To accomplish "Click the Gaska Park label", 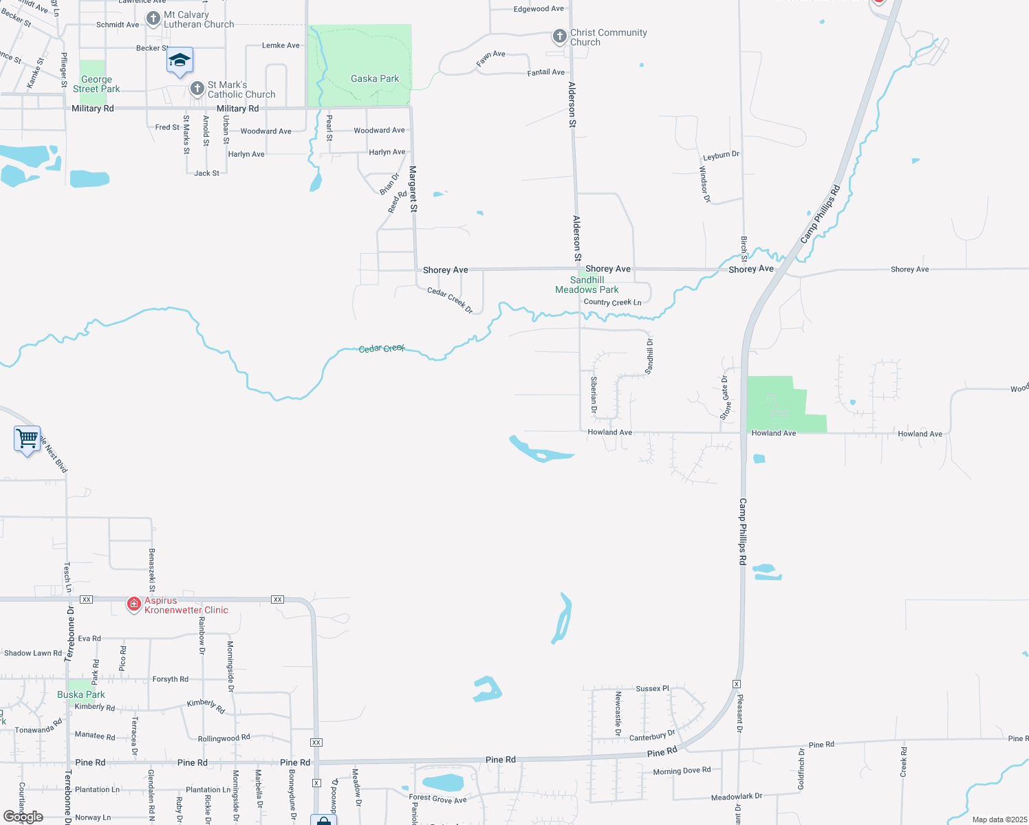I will [x=375, y=79].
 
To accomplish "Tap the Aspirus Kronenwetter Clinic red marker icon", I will [x=134, y=604].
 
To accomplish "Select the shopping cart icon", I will [x=27, y=437].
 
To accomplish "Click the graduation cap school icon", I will [x=180, y=60].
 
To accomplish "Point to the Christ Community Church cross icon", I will [x=560, y=35].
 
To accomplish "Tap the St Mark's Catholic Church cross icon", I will [x=197, y=88].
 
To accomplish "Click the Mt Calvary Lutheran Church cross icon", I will [x=153, y=18].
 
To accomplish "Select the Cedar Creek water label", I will [x=382, y=349].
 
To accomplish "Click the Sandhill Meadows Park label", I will [x=587, y=285].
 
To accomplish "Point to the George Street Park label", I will [x=96, y=84].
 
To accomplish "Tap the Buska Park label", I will [x=81, y=694].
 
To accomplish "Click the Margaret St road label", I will [x=413, y=188].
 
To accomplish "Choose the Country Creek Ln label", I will [x=612, y=302].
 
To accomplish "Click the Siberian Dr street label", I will [x=594, y=395].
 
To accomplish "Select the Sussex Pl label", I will [x=649, y=688].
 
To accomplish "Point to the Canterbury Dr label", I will [x=652, y=736].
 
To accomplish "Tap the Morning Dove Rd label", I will [x=682, y=771].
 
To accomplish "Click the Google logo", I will [x=23, y=817].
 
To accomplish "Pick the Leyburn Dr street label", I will [x=721, y=155].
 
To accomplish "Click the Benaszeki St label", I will [x=152, y=570].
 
